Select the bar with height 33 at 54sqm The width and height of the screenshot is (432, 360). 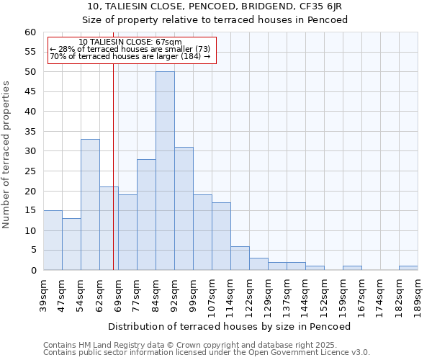[x=90, y=204]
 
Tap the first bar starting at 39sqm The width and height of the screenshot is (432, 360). [x=53, y=240]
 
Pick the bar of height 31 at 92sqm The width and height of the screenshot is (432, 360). [x=184, y=209]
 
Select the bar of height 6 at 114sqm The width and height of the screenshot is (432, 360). [x=240, y=258]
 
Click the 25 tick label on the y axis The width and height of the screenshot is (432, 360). [x=30, y=171]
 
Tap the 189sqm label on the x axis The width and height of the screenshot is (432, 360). [x=418, y=293]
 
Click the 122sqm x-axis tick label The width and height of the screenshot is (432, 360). [x=250, y=293]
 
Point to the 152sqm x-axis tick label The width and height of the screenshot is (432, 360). [x=325, y=293]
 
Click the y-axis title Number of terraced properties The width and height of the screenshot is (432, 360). [x=7, y=154]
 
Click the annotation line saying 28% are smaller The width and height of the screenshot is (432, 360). [x=130, y=49]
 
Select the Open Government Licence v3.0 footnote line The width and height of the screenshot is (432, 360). [x=207, y=353]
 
